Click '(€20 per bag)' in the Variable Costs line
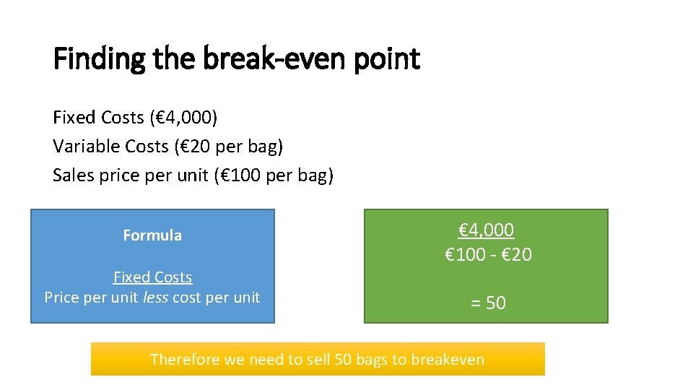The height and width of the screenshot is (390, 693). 228,147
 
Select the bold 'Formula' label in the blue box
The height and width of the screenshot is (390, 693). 152,235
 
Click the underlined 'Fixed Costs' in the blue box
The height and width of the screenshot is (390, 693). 152,277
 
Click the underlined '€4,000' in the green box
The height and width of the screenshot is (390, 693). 487,230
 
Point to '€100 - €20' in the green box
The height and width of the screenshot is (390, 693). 489,254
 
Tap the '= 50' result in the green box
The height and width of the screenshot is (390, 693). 488,303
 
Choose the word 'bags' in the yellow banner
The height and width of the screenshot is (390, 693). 371,359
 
